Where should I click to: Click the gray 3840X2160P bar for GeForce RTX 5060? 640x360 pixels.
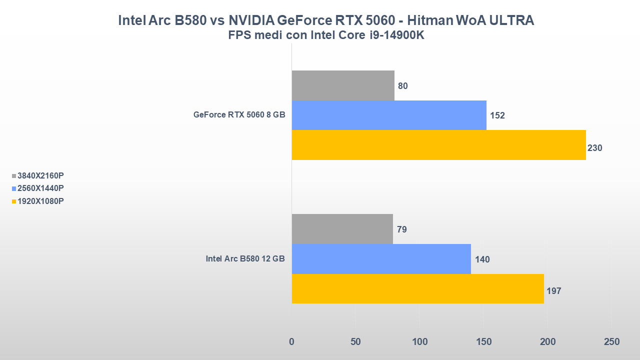[x=343, y=85]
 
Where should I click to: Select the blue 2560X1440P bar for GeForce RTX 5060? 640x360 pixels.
[x=389, y=115]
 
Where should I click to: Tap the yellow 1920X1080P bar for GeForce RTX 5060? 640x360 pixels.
[x=438, y=145]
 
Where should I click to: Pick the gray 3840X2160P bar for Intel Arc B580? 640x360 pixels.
[x=342, y=229]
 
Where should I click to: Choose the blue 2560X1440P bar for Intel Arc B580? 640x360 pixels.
[x=381, y=259]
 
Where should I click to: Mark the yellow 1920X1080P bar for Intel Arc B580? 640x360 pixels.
[x=417, y=288]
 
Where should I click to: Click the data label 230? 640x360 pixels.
[x=595, y=148]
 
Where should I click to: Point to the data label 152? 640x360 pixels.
[x=497, y=115]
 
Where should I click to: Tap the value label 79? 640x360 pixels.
[x=401, y=229]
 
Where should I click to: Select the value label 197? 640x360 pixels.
[x=553, y=290]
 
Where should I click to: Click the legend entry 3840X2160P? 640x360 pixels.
[x=40, y=175]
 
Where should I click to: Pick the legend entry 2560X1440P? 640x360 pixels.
[x=40, y=188]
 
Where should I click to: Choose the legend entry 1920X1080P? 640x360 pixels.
[x=40, y=201]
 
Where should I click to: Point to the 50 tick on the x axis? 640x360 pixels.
[x=355, y=342]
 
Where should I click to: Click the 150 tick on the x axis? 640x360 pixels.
[x=483, y=342]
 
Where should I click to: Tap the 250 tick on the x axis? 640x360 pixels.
[x=611, y=342]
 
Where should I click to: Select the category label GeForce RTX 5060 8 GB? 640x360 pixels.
[x=239, y=115]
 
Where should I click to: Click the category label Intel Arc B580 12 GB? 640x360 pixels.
[x=245, y=259]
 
